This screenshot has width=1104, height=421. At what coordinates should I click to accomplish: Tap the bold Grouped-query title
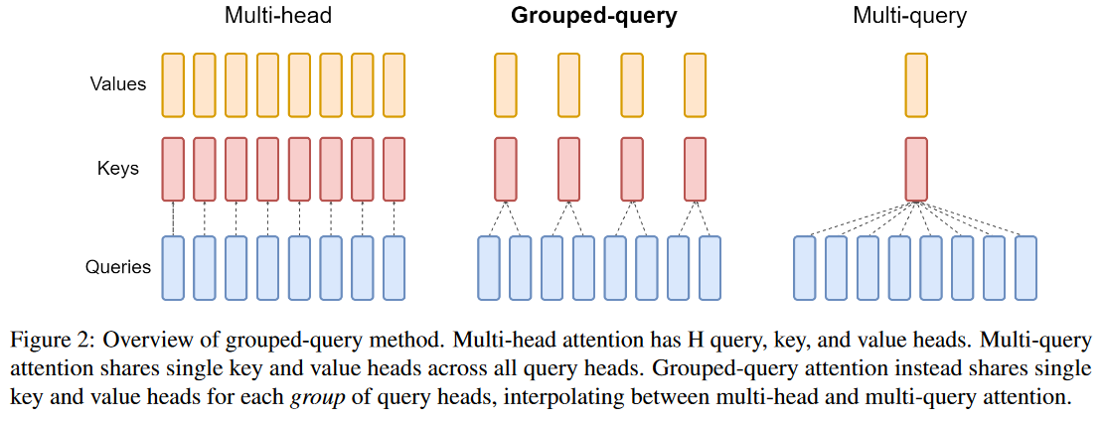593,18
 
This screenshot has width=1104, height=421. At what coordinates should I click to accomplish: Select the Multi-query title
909,18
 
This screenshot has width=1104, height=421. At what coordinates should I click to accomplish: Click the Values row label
117,83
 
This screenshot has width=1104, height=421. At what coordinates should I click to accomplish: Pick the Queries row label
117,267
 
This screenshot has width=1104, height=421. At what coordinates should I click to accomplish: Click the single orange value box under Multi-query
916,84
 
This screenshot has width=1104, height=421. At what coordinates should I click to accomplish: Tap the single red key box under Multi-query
916,169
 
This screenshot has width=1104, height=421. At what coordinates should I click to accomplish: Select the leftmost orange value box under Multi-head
173,84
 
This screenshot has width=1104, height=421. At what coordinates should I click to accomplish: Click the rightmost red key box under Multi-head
394,169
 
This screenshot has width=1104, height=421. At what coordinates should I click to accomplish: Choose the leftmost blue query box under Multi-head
173,267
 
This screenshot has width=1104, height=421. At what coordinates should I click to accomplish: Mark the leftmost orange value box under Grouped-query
506,84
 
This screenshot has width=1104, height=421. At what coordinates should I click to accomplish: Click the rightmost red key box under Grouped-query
695,169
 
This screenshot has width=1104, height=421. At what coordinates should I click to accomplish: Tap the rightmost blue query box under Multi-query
1026,267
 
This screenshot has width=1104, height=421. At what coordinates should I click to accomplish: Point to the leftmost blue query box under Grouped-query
489,267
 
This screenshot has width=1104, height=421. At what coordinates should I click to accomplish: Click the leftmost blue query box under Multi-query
806,267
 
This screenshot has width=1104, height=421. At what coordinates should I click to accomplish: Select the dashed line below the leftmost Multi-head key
173,218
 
